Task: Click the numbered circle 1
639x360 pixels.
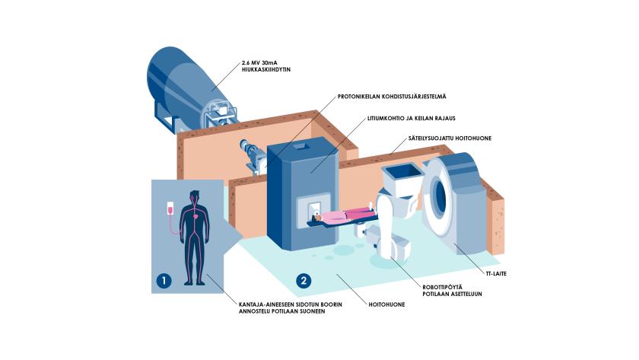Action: [x=163, y=281]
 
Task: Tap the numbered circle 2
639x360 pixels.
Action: [x=304, y=281]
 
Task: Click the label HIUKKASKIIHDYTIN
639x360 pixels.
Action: [x=266, y=69]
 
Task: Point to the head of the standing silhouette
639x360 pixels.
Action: [x=195, y=196]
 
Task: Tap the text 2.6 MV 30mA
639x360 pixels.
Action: [x=262, y=62]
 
